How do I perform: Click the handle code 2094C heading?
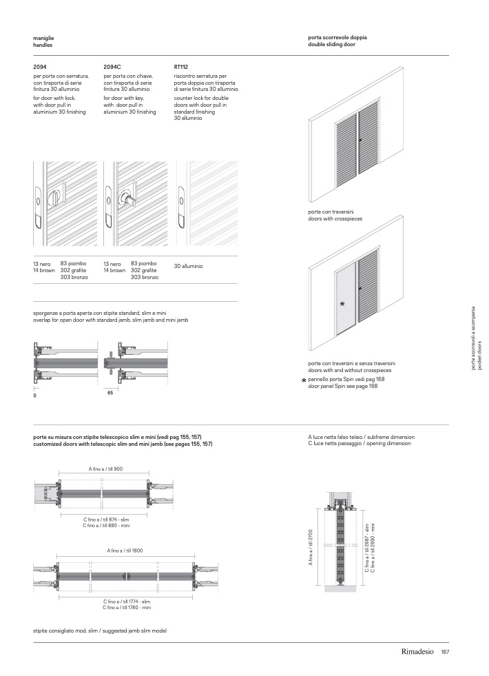[x=112, y=67]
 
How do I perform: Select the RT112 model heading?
[x=181, y=67]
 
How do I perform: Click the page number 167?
[x=445, y=652]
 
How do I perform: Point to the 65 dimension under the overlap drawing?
[x=110, y=392]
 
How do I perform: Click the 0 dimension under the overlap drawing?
[x=34, y=397]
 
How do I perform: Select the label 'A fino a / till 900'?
[x=105, y=469]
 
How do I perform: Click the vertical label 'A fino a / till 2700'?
[x=311, y=549]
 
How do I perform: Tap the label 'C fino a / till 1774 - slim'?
[x=127, y=602]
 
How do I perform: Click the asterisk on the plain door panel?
[x=342, y=304]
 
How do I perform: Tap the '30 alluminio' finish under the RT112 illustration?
[x=188, y=266]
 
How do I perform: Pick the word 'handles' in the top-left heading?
[x=43, y=44]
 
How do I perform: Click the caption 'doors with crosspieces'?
[x=335, y=218]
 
